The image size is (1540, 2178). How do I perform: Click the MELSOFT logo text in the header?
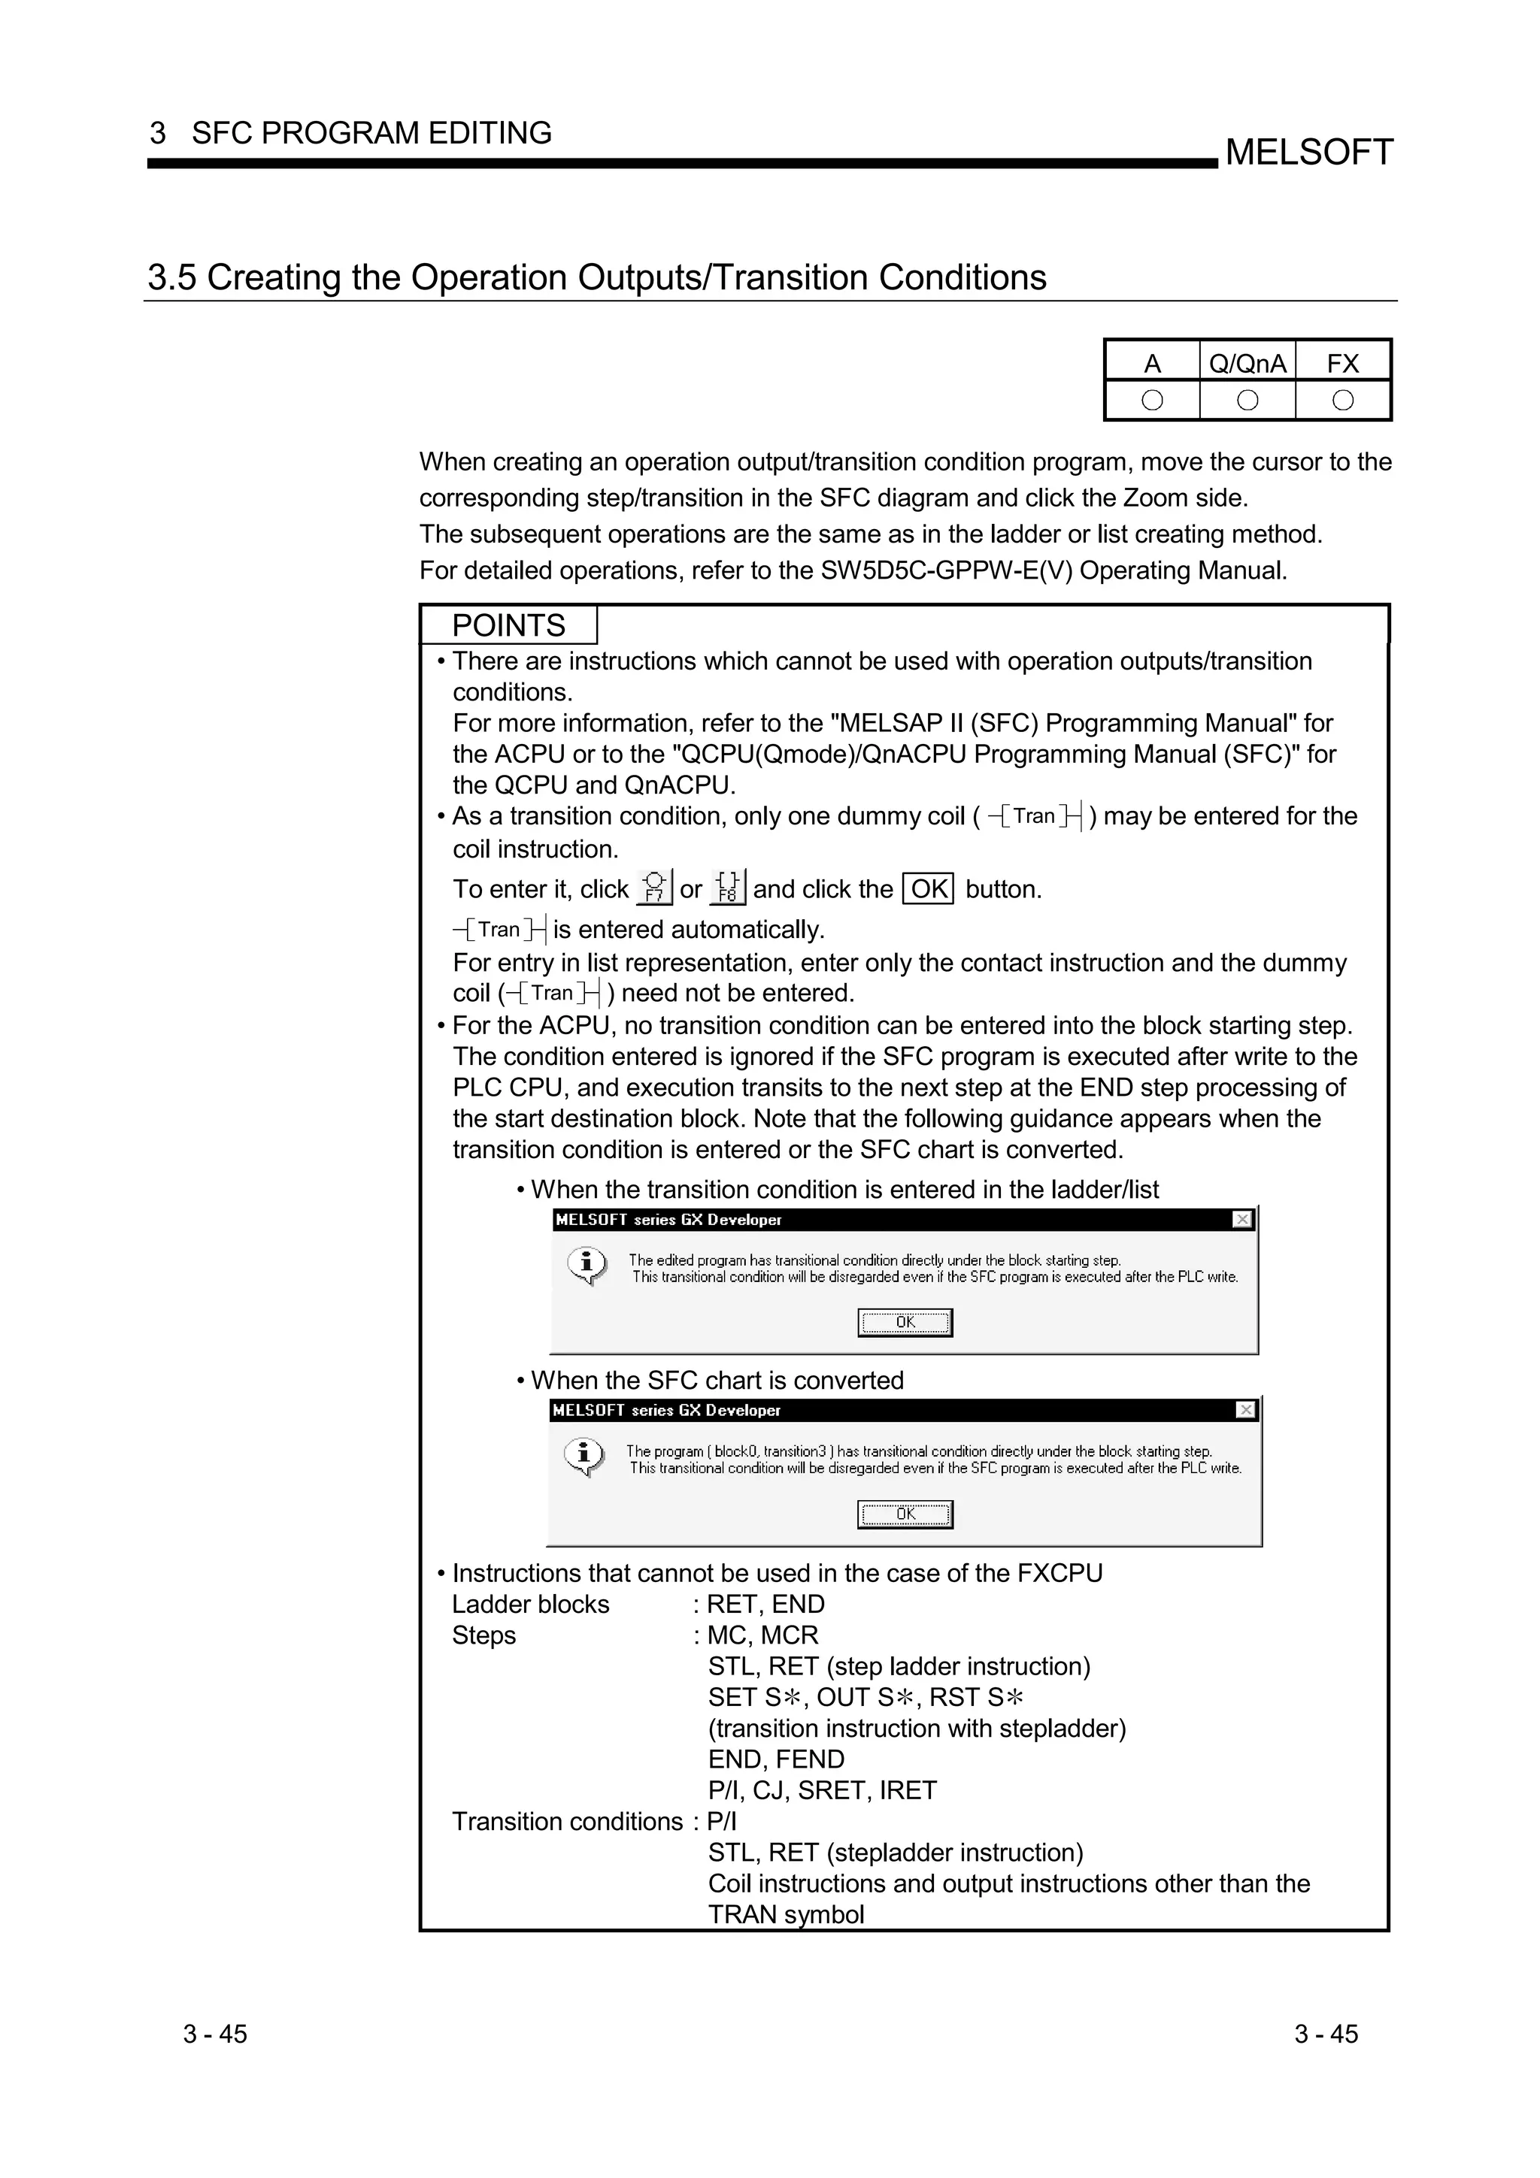[1308, 152]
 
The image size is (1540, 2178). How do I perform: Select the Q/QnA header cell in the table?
[1247, 363]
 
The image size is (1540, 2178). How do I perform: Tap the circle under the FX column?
[1343, 401]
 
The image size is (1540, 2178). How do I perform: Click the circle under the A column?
[1152, 401]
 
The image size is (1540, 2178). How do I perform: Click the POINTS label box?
[508, 625]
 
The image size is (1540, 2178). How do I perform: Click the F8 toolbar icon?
[728, 887]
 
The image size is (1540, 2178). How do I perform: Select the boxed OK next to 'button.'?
[928, 889]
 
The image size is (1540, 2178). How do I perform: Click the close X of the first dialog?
[1242, 1219]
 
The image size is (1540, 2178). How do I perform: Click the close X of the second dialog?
[1246, 1410]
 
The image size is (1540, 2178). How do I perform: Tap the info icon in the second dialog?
[584, 1455]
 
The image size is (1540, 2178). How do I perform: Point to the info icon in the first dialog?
[587, 1265]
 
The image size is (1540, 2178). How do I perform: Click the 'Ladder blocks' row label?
[530, 1604]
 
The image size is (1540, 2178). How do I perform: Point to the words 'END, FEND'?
[775, 1759]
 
